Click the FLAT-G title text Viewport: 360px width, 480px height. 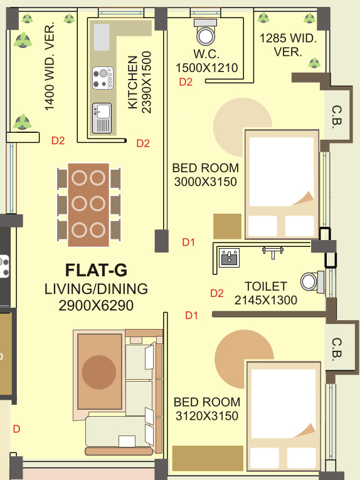(x=96, y=270)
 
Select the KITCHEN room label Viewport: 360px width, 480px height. (x=132, y=83)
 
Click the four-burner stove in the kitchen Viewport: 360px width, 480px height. (x=103, y=78)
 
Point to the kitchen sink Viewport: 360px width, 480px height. (x=102, y=117)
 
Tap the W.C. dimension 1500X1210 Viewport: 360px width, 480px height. (x=207, y=68)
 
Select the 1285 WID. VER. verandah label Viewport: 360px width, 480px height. (x=289, y=44)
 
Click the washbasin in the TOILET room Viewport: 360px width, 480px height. (x=229, y=256)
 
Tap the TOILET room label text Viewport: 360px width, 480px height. (x=266, y=286)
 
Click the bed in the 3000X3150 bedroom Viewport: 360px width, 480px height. (x=282, y=184)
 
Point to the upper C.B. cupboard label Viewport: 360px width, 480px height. (x=336, y=115)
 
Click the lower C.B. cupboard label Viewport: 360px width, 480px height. (x=337, y=348)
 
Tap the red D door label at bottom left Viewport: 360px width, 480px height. (x=17, y=429)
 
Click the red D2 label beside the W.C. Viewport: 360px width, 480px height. (x=186, y=82)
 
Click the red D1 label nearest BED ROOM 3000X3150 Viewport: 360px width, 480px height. (x=189, y=241)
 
